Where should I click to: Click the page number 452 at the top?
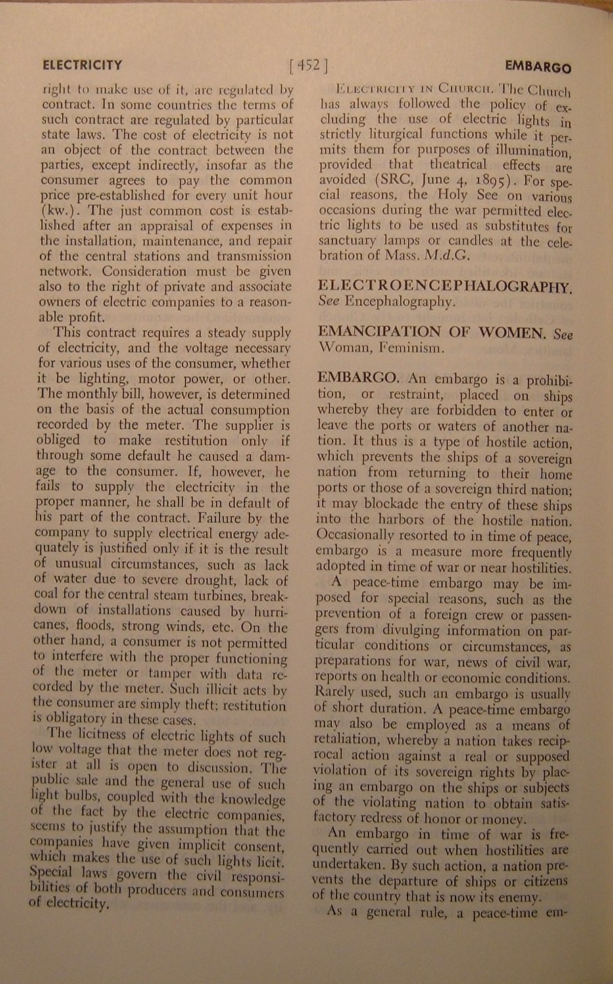pyautogui.click(x=308, y=66)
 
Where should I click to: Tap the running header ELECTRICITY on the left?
pyautogui.click(x=82, y=66)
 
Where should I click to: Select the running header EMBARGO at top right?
pyautogui.click(x=537, y=68)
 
